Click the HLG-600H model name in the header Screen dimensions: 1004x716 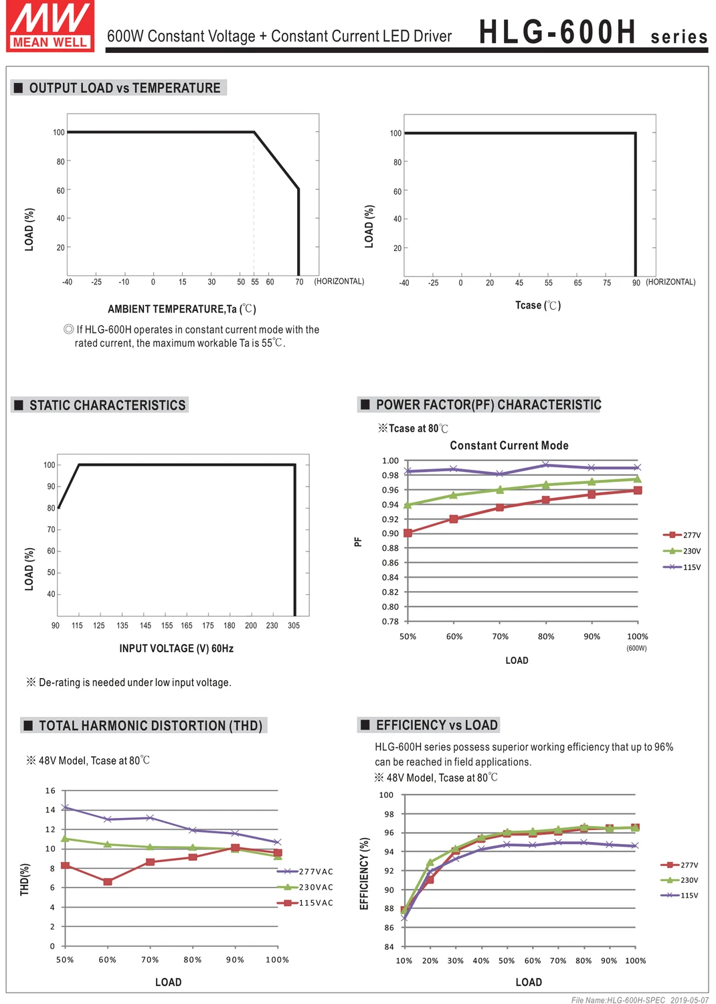pos(557,32)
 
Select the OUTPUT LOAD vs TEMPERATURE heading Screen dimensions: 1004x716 pos(124,88)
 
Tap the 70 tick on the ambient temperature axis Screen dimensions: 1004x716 pos(299,282)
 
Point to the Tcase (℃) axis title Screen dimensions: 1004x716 pos(537,305)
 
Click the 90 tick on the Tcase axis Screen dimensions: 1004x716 pos(636,282)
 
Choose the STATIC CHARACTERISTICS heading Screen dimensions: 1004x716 pos(107,405)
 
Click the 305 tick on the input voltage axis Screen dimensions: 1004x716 pos(294,625)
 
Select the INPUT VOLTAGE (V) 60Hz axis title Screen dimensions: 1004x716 pos(176,648)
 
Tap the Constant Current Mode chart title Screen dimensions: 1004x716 pos(509,445)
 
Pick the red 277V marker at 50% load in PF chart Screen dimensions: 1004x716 pos(408,533)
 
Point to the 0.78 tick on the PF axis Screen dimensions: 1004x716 pos(390,621)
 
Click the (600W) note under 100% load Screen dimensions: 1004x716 pos(636,648)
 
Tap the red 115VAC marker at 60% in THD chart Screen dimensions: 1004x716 pos(108,882)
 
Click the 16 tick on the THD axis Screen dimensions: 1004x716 pos(50,790)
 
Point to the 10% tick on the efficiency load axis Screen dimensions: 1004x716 pos(404,960)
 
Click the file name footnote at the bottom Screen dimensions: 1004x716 pos(639,1000)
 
